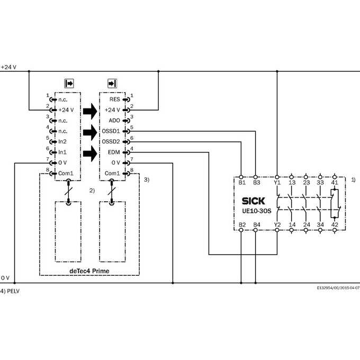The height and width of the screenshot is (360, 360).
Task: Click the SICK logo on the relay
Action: point(253,201)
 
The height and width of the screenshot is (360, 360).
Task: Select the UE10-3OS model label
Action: point(256,211)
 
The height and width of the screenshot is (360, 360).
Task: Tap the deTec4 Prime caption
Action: point(89,271)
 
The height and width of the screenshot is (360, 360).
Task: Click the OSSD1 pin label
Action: point(111,131)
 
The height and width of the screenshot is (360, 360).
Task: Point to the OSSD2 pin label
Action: point(111,142)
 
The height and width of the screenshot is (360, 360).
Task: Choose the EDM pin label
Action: point(114,152)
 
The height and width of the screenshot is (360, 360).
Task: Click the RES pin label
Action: point(114,100)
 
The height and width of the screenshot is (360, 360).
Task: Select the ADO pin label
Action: point(114,121)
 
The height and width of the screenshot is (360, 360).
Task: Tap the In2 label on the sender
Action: point(62,142)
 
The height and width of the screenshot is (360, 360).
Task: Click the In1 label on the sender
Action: point(62,152)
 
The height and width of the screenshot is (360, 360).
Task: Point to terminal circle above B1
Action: point(241,177)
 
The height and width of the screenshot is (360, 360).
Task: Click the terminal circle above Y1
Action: point(277,177)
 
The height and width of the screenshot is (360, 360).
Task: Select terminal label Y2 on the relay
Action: point(277,224)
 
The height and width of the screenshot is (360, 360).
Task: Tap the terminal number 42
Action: point(335,224)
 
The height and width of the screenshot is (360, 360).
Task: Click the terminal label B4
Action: point(256,224)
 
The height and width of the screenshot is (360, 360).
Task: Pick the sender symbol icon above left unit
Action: point(69,83)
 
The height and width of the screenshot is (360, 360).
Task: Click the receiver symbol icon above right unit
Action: point(112,83)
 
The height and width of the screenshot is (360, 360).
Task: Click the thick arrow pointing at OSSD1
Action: point(90,132)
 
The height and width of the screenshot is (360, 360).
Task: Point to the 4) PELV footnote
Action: point(10,291)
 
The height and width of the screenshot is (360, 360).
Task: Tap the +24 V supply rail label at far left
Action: point(8,67)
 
